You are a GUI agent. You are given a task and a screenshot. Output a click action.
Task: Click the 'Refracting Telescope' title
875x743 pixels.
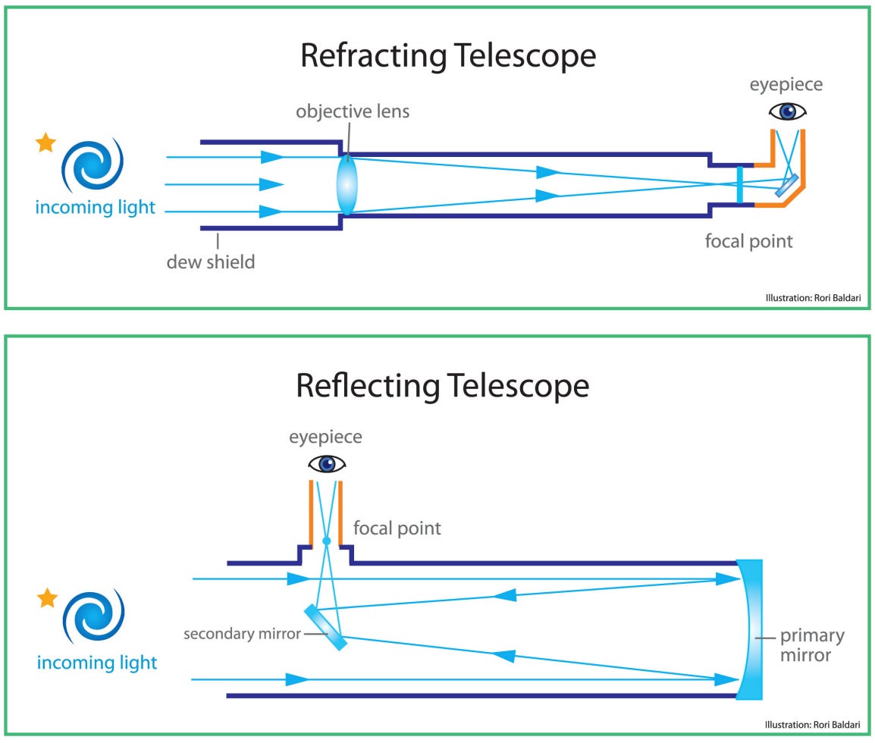[447, 57]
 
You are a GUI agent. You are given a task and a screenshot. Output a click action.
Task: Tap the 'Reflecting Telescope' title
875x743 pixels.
[442, 385]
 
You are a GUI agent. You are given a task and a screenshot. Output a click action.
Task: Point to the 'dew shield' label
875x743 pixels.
[211, 262]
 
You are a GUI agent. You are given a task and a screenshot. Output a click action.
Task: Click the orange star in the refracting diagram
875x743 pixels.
[46, 142]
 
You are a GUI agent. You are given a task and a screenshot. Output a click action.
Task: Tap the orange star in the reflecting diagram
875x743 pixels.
[48, 598]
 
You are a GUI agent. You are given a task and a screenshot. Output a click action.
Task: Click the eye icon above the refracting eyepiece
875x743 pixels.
[788, 112]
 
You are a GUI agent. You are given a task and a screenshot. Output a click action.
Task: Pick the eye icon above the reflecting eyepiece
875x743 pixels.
[326, 463]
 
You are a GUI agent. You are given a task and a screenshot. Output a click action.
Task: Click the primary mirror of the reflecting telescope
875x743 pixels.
[750, 629]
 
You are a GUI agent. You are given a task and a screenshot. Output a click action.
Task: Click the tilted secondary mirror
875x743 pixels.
[326, 626]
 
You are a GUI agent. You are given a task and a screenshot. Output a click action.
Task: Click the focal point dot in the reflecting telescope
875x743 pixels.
[326, 541]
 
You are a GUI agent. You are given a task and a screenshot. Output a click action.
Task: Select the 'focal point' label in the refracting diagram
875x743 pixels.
[748, 242]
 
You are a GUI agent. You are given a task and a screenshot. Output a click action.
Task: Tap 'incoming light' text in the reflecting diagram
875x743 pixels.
[97, 663]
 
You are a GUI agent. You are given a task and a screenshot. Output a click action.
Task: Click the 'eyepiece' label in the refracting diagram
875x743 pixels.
[787, 85]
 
